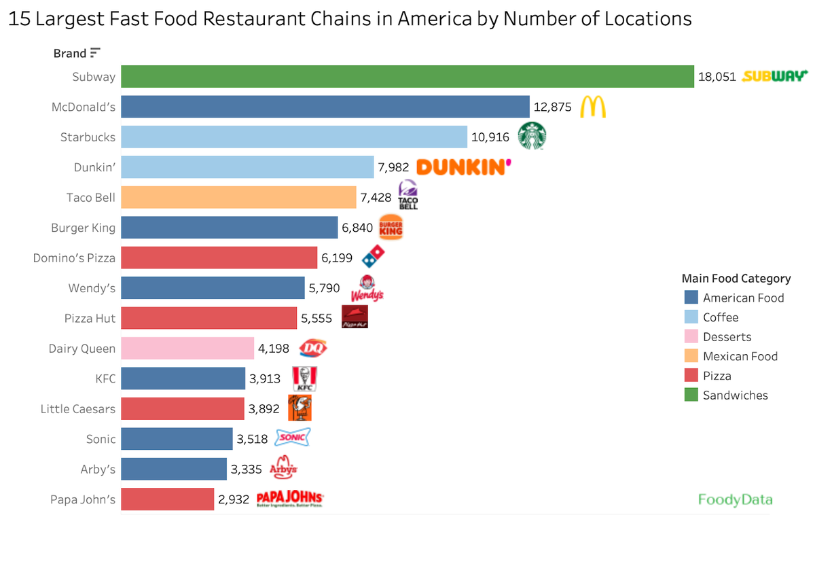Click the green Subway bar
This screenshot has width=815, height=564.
point(407,76)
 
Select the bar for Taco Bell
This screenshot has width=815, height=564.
point(238,197)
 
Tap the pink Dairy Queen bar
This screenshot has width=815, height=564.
point(187,349)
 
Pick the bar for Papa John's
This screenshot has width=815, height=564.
point(168,499)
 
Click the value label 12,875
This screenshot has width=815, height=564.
point(553,107)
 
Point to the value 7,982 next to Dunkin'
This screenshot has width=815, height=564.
point(393,167)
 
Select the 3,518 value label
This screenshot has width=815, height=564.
point(253,439)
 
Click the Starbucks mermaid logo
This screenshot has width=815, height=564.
point(532,136)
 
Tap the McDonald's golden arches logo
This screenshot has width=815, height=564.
point(593,107)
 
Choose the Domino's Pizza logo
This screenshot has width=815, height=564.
point(372,257)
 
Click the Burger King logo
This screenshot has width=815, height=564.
point(391,228)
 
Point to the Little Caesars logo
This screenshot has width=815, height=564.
point(300,408)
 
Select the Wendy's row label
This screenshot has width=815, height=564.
point(92,288)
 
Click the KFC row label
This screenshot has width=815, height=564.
point(105,378)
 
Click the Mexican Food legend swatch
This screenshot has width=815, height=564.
point(691,356)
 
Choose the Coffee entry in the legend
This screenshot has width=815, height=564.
point(720,317)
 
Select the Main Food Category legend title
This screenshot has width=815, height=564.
point(736,279)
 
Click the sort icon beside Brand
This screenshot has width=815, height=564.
point(95,52)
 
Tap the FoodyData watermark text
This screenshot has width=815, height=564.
point(736,500)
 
